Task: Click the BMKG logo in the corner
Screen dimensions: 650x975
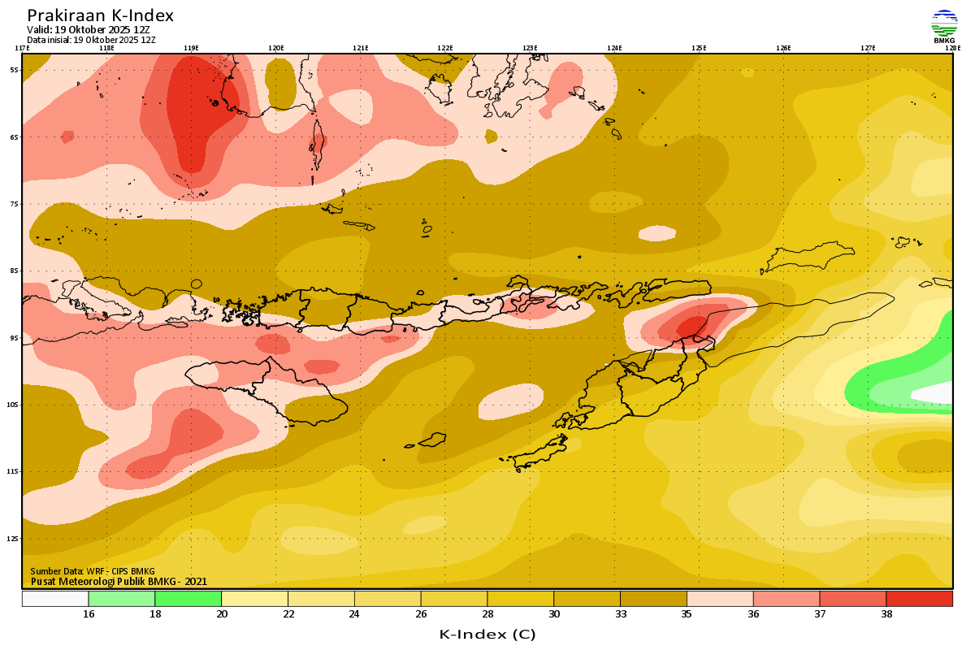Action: [944, 26]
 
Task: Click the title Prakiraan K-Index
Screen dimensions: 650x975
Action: [100, 15]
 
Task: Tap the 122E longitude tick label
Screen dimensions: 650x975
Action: [445, 48]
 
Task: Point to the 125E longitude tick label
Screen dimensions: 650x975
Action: [699, 48]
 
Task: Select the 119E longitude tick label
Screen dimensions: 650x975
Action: [191, 48]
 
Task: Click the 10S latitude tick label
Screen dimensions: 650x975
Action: [14, 405]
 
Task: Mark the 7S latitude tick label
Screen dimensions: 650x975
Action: [14, 204]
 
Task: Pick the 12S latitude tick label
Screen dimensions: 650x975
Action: [14, 539]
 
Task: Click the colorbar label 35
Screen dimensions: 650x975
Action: [687, 614]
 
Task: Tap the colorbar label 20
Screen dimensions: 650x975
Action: [221, 614]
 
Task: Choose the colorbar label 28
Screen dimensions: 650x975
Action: [487, 614]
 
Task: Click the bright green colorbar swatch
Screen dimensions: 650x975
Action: [188, 599]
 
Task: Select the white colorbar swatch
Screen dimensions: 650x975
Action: [55, 599]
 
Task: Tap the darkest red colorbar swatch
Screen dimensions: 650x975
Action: [919, 599]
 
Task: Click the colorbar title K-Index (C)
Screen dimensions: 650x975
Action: [487, 634]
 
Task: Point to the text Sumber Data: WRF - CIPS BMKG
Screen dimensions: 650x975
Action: [93, 571]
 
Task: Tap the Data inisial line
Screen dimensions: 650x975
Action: [91, 39]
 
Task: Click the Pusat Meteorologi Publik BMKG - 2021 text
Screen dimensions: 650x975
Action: [119, 581]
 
